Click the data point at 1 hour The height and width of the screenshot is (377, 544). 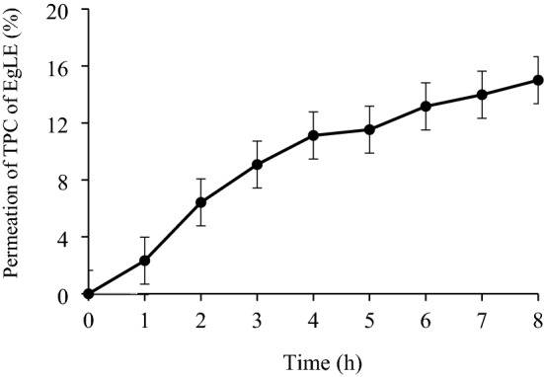(144, 261)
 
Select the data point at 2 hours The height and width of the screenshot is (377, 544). (200, 202)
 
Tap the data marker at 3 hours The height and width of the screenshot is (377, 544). (257, 165)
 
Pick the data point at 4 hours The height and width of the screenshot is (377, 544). (313, 135)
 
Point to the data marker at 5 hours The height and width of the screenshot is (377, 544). (369, 129)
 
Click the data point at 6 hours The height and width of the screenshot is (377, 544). (426, 107)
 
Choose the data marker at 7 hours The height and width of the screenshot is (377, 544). (482, 95)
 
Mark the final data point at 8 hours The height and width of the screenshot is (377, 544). (538, 80)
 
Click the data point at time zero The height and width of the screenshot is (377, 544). (88, 294)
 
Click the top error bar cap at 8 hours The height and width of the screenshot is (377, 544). (538, 56)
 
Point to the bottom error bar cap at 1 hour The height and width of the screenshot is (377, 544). (144, 284)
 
